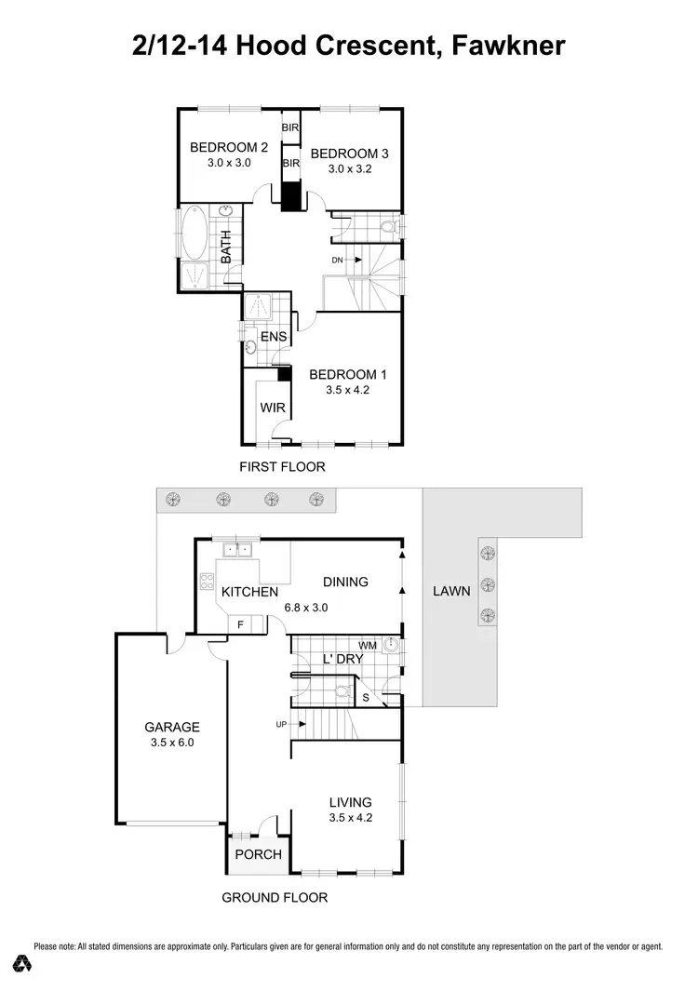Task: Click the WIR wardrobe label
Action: tap(271, 407)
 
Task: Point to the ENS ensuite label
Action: tap(273, 336)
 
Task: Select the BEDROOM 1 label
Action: tap(347, 374)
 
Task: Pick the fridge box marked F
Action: tap(240, 624)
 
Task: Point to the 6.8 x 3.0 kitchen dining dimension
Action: tap(306, 607)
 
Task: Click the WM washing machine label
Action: tap(368, 644)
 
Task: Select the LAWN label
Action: tap(451, 591)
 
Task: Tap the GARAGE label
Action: tap(171, 727)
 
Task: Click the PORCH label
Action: tap(258, 854)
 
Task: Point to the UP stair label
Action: tap(281, 723)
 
